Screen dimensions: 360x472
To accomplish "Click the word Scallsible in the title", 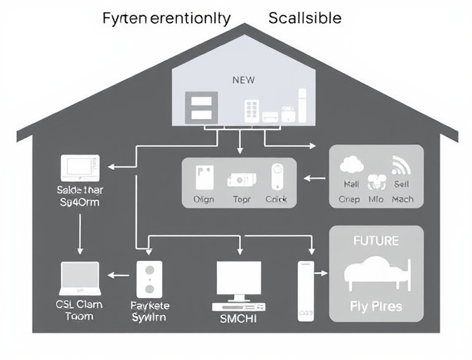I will click(x=305, y=18).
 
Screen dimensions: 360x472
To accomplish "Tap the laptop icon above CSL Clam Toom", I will click(x=80, y=280).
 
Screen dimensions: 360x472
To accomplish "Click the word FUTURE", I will click(x=376, y=240).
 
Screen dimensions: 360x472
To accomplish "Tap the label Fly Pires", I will click(x=376, y=307).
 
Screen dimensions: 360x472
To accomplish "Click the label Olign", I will click(x=203, y=200).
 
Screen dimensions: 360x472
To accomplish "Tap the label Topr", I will click(x=241, y=200).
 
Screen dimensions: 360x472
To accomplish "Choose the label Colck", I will click(x=277, y=200).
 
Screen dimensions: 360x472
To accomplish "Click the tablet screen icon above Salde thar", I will click(x=79, y=168).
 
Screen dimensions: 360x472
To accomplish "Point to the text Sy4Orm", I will click(x=79, y=202).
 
